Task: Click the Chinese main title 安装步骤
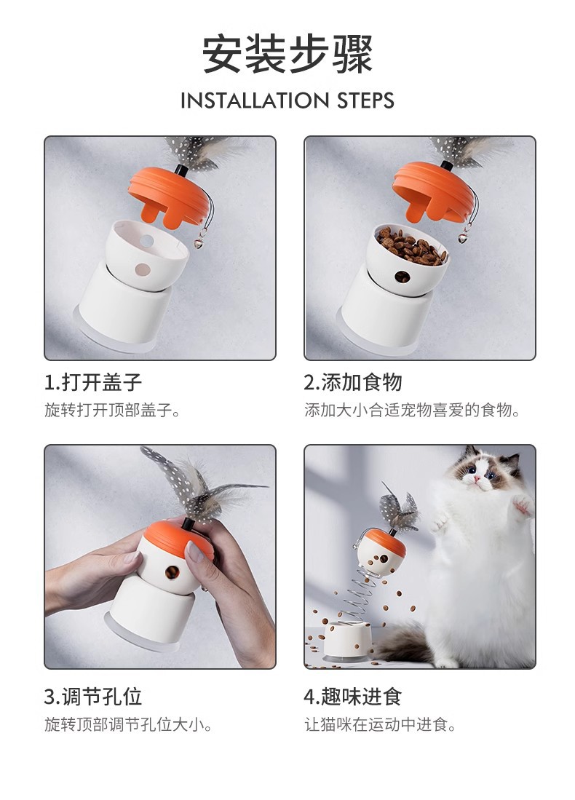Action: (x=287, y=55)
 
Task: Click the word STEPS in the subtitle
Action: (x=365, y=100)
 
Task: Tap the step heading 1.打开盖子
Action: (x=93, y=382)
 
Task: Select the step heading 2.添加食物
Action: (x=352, y=382)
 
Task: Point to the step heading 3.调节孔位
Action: (x=93, y=697)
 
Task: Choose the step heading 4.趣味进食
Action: (x=352, y=697)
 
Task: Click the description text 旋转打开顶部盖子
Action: (x=112, y=410)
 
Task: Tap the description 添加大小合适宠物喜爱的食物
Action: (x=412, y=410)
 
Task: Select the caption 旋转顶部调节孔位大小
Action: (x=128, y=724)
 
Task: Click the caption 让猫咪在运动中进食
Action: (x=380, y=724)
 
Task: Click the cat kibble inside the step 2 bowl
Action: (x=411, y=247)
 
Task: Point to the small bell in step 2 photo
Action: (x=463, y=237)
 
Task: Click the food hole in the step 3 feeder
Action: (x=172, y=572)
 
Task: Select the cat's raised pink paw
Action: (x=522, y=505)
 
